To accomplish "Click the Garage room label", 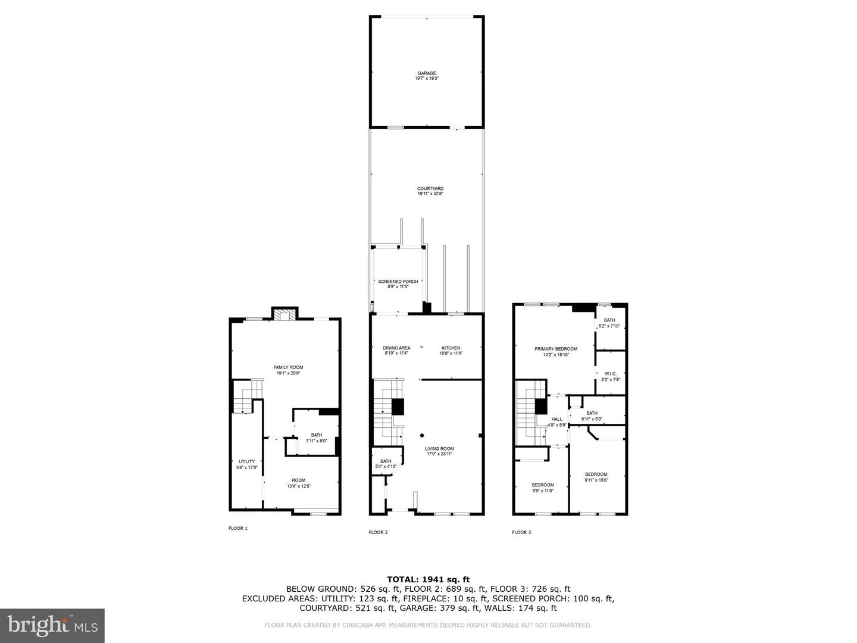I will click(x=426, y=76).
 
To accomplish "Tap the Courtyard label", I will click(x=430, y=191).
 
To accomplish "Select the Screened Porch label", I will click(x=398, y=284).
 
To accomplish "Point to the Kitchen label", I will click(x=451, y=351).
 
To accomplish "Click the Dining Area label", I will click(x=396, y=351).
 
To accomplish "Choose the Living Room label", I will click(x=439, y=451).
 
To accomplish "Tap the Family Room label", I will click(x=288, y=370).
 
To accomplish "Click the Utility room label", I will click(x=246, y=464).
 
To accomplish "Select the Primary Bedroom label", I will click(x=555, y=351).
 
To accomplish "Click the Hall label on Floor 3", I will click(x=556, y=422).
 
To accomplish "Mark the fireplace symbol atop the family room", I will click(x=284, y=315).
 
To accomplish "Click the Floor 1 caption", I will click(x=238, y=528).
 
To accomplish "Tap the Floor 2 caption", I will click(x=378, y=532).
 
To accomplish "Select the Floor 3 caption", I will click(x=521, y=532).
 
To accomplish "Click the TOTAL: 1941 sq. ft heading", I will click(x=428, y=579).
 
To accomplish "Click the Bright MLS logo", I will click(x=52, y=625).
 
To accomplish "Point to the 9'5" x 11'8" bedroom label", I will click(x=542, y=488).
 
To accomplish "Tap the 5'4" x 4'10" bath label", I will click(x=386, y=463).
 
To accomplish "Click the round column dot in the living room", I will click(x=421, y=435).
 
